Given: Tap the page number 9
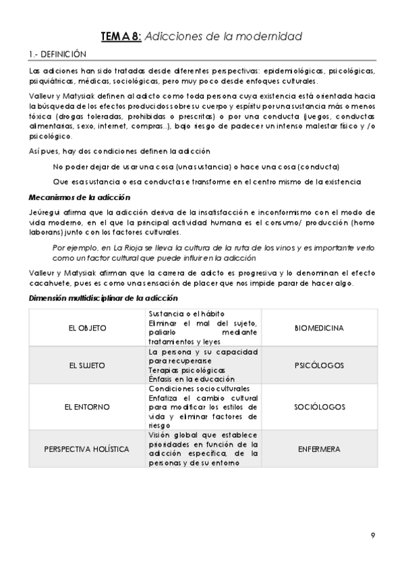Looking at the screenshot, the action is (x=372, y=536).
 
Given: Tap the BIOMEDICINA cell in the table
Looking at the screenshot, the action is (x=320, y=328).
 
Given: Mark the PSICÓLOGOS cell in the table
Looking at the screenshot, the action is (x=320, y=366).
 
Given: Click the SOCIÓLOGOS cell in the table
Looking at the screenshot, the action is (x=320, y=407).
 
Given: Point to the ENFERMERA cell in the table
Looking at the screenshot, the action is (x=320, y=449).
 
